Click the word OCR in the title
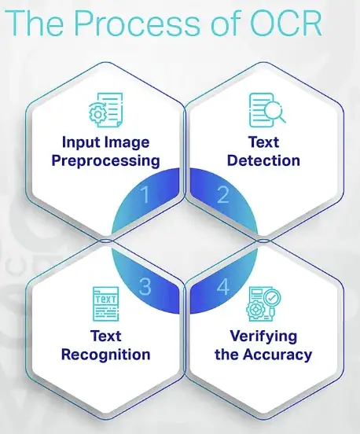[x=285, y=23]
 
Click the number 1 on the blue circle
[x=145, y=194]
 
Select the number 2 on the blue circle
[x=223, y=194]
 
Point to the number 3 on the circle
[x=145, y=286]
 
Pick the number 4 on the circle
[x=223, y=286]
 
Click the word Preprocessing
[x=105, y=161]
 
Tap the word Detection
[x=263, y=160]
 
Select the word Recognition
[x=105, y=355]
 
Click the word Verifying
[x=263, y=337]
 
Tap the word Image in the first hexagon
[x=127, y=143]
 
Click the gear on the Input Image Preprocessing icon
[x=97, y=114]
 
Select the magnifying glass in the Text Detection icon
[x=275, y=112]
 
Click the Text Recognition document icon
[x=106, y=304]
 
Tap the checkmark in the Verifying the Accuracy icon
[x=272, y=298]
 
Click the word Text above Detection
[x=263, y=142]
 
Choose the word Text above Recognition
[x=105, y=337]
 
